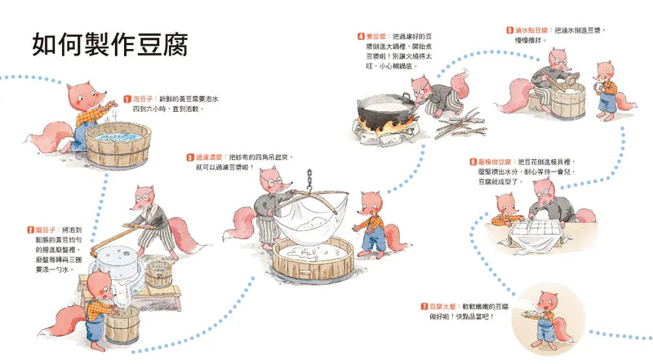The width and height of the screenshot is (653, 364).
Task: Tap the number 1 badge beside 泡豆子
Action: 127,98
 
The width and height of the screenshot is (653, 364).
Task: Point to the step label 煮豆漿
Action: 380,37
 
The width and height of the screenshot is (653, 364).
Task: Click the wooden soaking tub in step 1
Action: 119,144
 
